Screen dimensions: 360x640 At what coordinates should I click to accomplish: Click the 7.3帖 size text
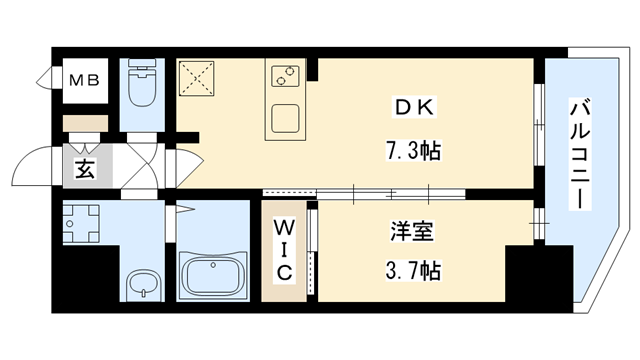click(413, 152)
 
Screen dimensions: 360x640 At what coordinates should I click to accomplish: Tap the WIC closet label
click(284, 250)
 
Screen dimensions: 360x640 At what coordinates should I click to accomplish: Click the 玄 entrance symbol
click(84, 169)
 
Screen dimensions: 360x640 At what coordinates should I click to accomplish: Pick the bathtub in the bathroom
click(213, 271)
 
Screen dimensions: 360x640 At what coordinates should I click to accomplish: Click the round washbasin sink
click(144, 281)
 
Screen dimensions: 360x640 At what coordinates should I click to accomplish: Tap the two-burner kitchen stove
click(285, 74)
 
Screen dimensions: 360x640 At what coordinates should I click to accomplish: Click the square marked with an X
click(198, 78)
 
